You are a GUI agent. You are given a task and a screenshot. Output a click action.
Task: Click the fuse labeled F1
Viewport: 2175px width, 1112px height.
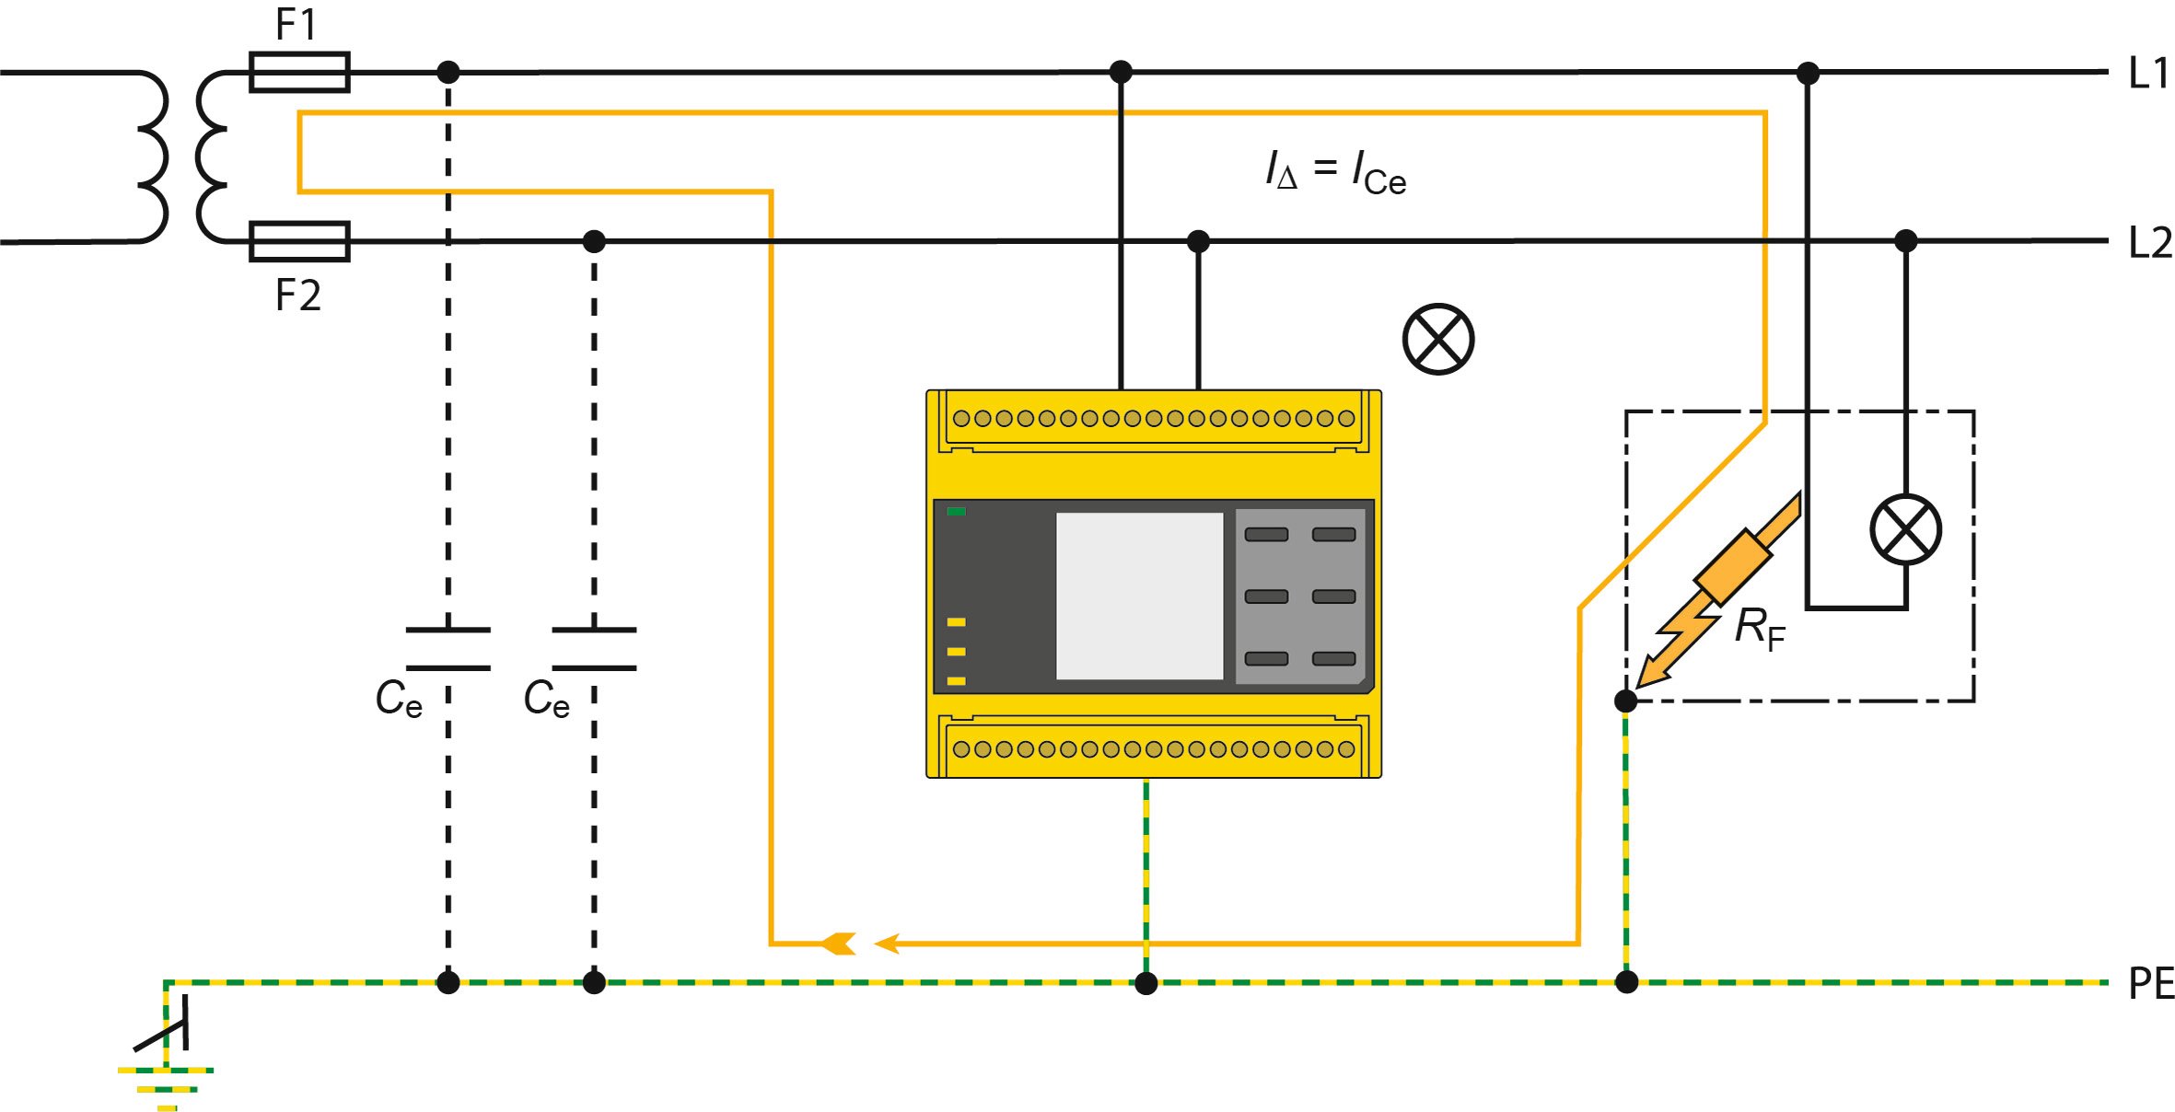[x=299, y=72]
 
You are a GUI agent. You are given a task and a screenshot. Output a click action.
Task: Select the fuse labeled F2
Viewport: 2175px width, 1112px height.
[x=299, y=242]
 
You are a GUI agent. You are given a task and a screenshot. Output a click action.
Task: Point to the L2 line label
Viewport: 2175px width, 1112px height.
[x=2149, y=243]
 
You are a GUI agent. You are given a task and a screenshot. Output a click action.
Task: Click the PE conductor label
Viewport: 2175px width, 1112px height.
[x=2150, y=984]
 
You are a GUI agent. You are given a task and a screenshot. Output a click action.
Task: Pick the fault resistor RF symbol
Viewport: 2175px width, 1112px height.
[x=1731, y=567]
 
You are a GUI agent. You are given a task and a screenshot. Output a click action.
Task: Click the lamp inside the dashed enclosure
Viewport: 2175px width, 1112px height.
[x=1905, y=529]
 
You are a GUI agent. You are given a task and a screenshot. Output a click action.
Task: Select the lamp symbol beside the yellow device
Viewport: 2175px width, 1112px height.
[x=1437, y=339]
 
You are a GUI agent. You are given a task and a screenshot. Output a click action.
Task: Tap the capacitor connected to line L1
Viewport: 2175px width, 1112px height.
[x=448, y=649]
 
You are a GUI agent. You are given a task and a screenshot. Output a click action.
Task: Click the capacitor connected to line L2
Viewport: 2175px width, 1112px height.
[x=594, y=649]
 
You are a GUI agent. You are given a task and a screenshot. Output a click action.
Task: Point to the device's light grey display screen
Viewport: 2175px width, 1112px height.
[x=1139, y=596]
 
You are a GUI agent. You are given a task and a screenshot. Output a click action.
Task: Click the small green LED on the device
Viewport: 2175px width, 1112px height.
[x=957, y=512]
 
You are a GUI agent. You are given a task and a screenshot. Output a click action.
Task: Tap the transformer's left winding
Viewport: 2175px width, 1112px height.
[x=152, y=156]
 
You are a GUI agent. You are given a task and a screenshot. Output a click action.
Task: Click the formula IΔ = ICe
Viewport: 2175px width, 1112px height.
[x=1335, y=172]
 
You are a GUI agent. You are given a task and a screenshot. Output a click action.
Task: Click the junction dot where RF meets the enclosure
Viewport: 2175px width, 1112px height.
[x=1626, y=701]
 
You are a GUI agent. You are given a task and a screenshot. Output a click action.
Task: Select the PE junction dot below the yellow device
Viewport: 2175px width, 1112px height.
[x=1146, y=983]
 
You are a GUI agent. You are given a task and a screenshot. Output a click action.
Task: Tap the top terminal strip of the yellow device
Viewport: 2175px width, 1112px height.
[x=1153, y=419]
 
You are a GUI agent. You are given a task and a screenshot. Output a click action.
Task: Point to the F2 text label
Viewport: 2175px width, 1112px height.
[x=298, y=295]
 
